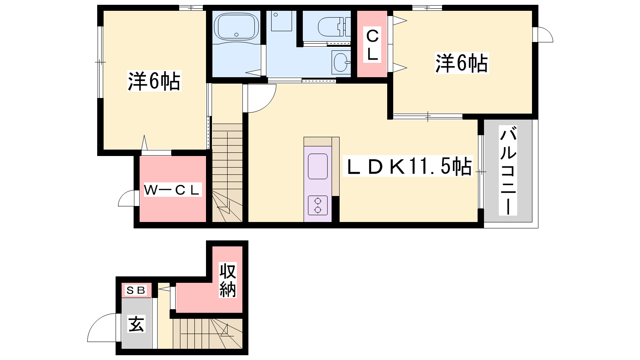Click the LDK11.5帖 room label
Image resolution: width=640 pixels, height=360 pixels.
pos(408,166)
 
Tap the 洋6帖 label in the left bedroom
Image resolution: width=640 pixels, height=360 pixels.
pos(154,81)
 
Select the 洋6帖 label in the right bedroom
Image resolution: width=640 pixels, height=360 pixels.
pos(462,63)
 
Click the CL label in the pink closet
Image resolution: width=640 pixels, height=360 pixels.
pos(372,45)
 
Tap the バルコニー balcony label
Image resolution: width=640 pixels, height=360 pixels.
pos(508,170)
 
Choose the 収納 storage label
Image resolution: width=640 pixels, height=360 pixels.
pos(228,280)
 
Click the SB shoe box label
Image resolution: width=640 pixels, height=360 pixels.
pos(136,290)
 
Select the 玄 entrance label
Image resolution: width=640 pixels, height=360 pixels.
pos(136,324)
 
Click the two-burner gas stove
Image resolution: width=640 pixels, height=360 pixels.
pos(318,205)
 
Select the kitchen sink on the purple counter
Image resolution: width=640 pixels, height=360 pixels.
pos(318,166)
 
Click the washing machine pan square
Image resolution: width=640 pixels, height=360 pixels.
pos(282,20)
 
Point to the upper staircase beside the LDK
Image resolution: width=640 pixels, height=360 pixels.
pos(228,173)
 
